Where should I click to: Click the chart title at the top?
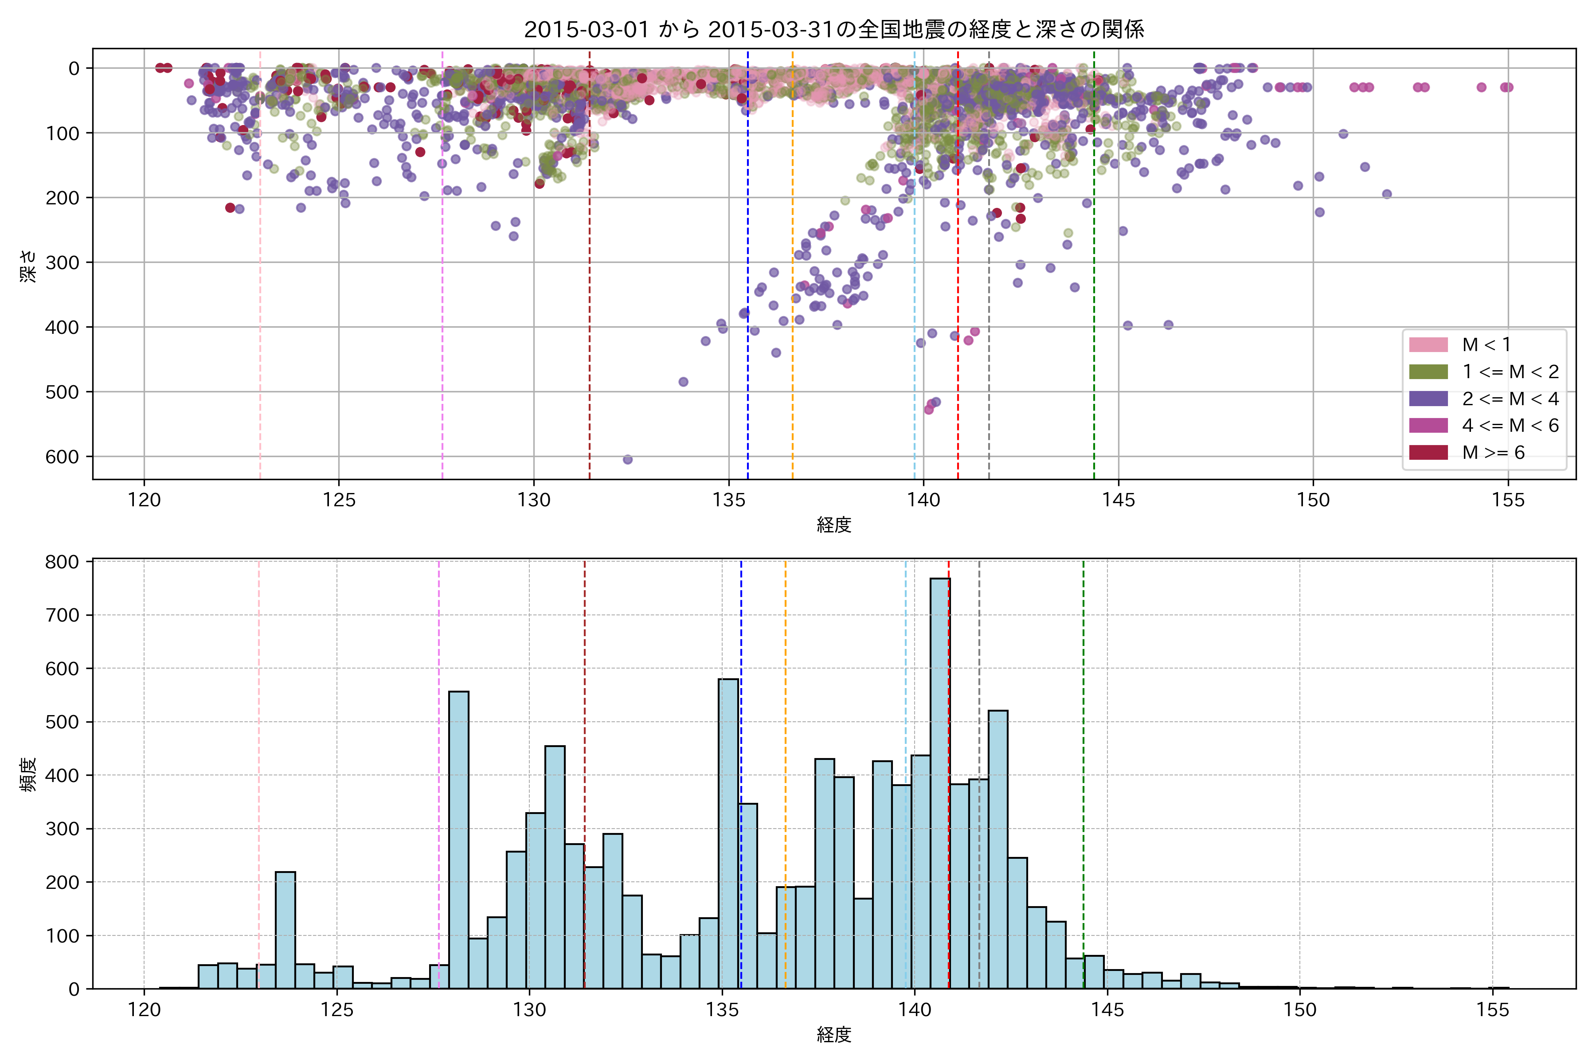point(833,29)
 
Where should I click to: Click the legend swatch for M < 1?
point(1428,345)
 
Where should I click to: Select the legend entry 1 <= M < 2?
point(1510,372)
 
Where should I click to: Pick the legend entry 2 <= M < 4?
point(1510,399)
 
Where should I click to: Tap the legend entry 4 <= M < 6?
point(1510,426)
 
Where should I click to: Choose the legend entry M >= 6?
point(1493,453)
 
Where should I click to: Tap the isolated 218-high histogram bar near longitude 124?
point(285,930)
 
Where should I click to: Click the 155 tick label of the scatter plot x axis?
point(1508,501)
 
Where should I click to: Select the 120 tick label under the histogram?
point(144,1010)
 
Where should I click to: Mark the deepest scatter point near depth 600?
point(628,459)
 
